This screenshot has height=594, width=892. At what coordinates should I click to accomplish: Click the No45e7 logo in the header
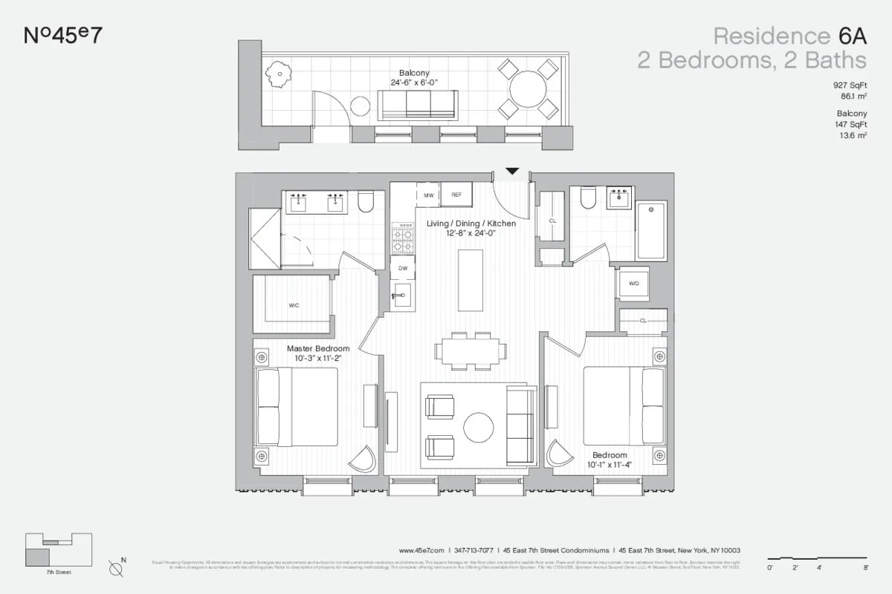click(63, 35)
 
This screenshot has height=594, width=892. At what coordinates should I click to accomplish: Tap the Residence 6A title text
click(789, 36)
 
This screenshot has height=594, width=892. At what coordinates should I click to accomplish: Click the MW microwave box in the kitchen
click(428, 195)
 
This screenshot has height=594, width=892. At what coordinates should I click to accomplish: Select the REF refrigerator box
click(456, 195)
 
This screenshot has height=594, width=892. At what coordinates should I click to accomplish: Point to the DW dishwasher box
click(402, 268)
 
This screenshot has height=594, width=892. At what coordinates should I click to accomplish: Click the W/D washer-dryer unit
click(634, 283)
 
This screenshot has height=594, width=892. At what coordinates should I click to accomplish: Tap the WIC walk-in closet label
click(294, 305)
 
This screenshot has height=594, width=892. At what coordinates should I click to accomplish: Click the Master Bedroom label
click(318, 348)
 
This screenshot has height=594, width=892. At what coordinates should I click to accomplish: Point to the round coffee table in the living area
click(478, 428)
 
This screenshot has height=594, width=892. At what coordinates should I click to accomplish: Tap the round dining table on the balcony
click(528, 89)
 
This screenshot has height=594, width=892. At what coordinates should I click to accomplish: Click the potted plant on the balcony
click(278, 73)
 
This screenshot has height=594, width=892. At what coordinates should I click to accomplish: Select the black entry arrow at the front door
click(511, 172)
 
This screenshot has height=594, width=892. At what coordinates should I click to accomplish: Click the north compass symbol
click(116, 569)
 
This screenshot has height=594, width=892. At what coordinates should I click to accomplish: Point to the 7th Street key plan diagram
click(59, 549)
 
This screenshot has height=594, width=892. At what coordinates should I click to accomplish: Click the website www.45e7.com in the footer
click(421, 550)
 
